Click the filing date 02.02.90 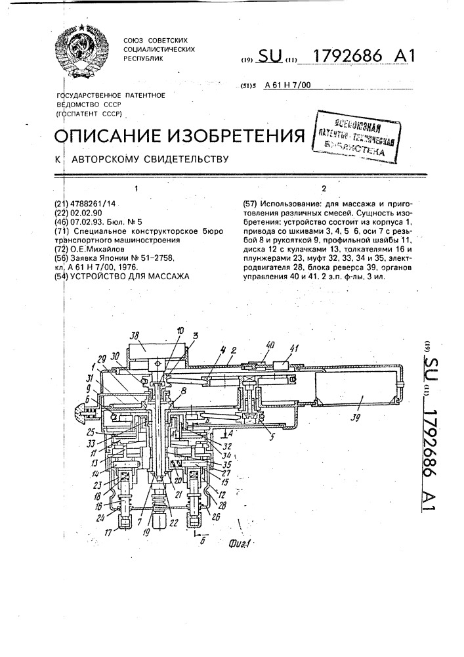(89, 214)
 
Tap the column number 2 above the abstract (324, 190)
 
